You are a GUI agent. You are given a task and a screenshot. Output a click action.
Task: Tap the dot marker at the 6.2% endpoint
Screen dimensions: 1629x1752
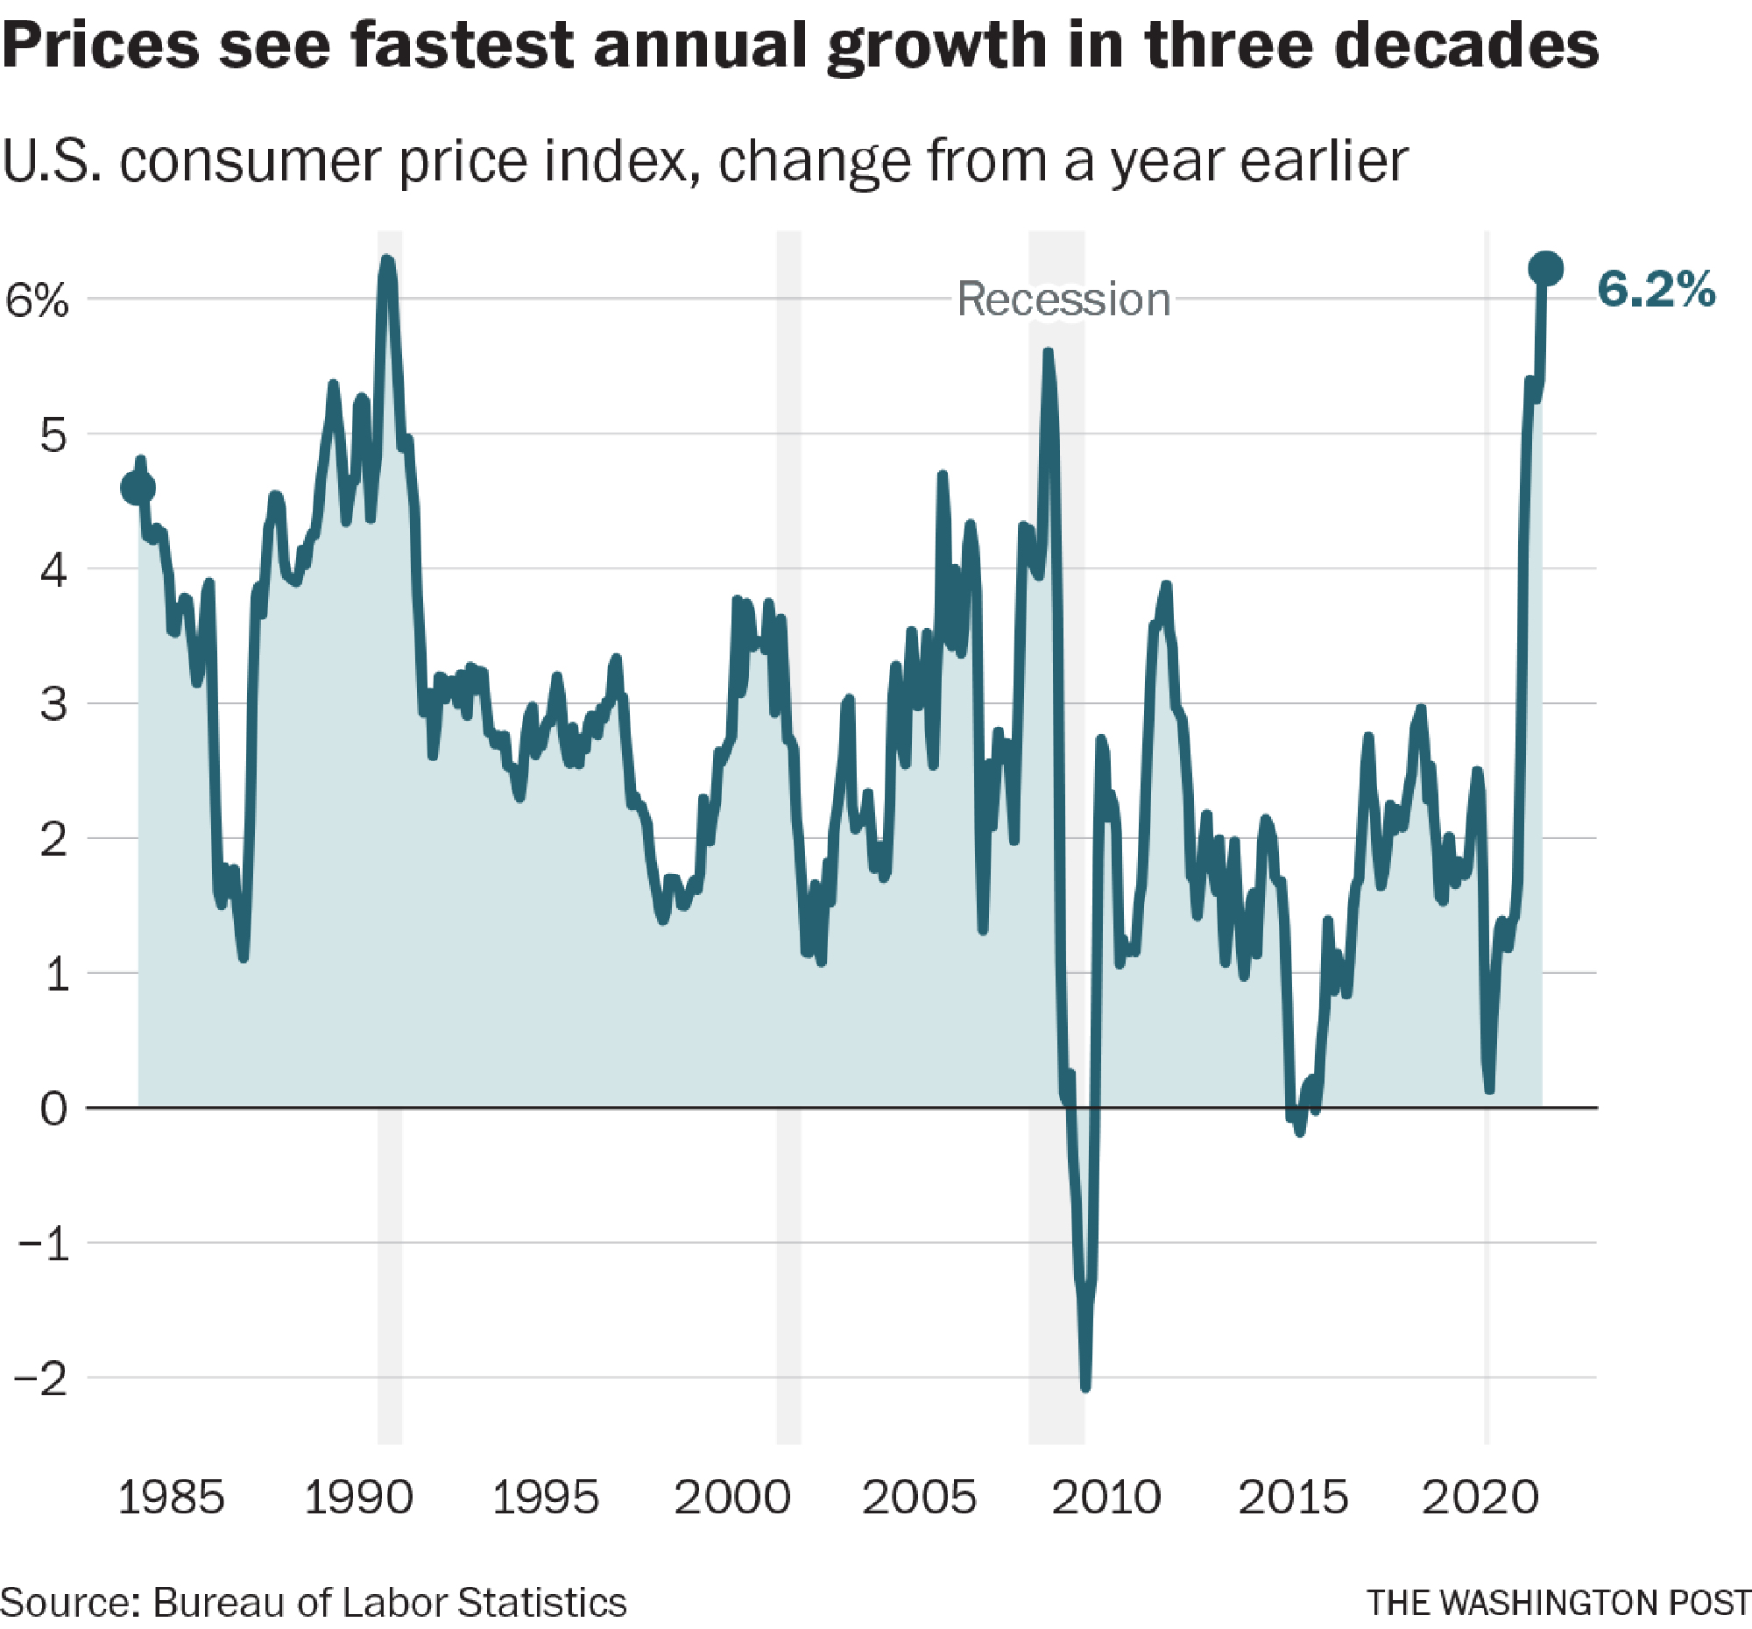(1546, 268)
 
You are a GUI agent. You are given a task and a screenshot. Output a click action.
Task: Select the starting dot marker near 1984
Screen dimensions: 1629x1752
(138, 487)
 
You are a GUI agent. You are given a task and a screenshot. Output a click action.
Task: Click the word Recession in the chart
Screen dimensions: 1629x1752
(1063, 300)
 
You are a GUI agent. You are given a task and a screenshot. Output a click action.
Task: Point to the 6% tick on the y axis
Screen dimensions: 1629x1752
(37, 300)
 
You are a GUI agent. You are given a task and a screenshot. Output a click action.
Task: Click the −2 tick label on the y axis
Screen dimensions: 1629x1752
(40, 1379)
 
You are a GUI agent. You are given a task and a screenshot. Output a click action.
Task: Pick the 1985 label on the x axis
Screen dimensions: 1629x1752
(171, 1497)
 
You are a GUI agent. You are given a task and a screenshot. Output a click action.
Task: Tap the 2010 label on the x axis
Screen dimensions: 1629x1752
(1106, 1497)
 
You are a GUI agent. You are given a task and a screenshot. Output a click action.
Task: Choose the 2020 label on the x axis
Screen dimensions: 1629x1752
(1480, 1497)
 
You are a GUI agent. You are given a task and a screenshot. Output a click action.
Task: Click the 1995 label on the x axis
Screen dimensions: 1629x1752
(545, 1497)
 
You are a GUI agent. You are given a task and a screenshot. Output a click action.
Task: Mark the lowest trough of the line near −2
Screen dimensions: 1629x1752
(1084, 1386)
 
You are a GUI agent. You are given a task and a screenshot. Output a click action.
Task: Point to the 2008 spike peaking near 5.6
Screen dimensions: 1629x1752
(1047, 352)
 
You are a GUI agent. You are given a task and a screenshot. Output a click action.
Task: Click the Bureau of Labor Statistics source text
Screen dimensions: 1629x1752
(390, 1603)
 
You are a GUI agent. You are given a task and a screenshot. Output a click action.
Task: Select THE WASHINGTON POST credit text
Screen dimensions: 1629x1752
(1558, 1603)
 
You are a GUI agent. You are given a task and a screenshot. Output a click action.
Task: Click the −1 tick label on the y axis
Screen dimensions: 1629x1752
(40, 1244)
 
